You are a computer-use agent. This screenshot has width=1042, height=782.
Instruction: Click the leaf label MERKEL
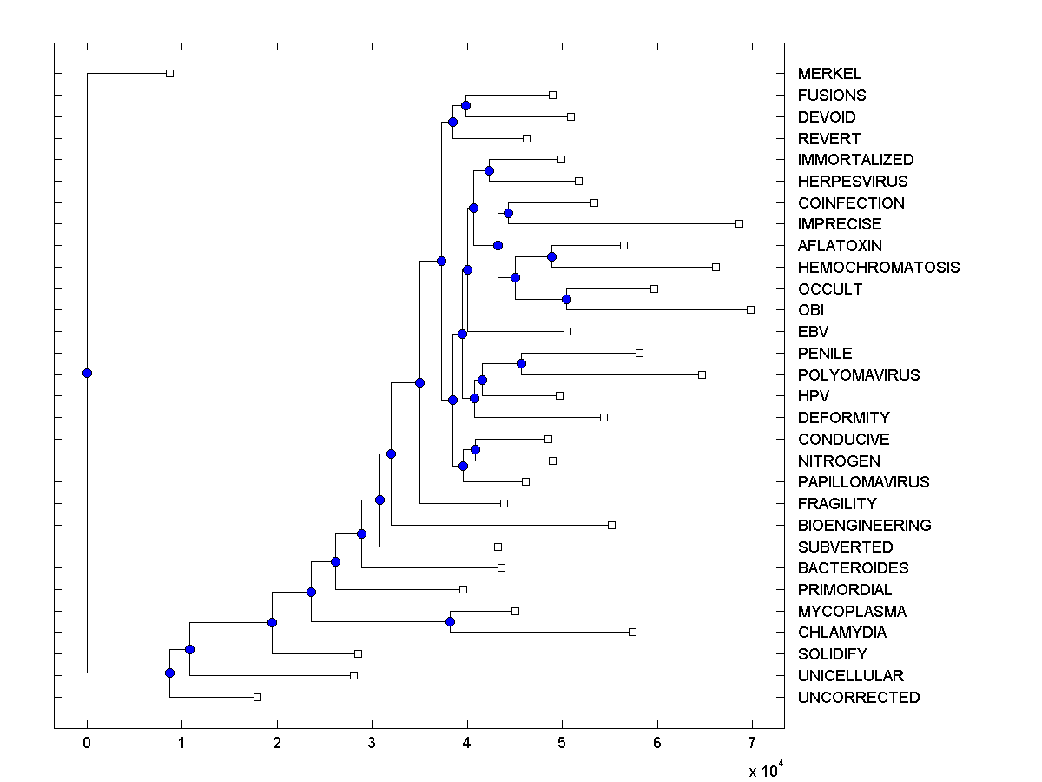[x=829, y=74]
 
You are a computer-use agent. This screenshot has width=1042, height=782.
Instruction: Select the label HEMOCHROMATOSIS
[x=878, y=268]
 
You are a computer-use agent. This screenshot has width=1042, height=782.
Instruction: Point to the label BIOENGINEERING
[x=864, y=526]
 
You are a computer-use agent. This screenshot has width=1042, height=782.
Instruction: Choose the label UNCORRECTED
[x=858, y=698]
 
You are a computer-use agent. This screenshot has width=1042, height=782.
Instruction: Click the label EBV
[x=813, y=332]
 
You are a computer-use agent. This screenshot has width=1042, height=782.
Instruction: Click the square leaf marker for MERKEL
[x=170, y=73]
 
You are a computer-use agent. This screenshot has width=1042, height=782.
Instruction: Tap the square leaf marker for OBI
[x=751, y=309]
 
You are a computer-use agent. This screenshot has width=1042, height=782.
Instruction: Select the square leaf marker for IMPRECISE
[x=740, y=223]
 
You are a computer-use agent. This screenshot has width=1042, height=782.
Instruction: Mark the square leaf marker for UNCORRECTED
[x=258, y=697]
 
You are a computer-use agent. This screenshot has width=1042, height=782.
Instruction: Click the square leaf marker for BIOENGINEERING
[x=612, y=525]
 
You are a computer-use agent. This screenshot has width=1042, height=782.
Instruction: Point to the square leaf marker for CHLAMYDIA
[x=633, y=632]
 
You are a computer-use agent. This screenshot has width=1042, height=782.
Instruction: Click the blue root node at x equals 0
[x=87, y=373]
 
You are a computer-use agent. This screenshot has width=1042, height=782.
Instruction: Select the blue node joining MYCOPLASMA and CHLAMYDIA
[x=450, y=621]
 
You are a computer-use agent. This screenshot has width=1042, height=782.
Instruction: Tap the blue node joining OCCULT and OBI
[x=566, y=299]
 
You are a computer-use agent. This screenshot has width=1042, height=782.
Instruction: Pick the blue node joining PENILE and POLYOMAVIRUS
[x=521, y=363]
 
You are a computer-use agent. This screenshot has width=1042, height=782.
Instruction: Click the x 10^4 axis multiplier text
[x=766, y=769]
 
